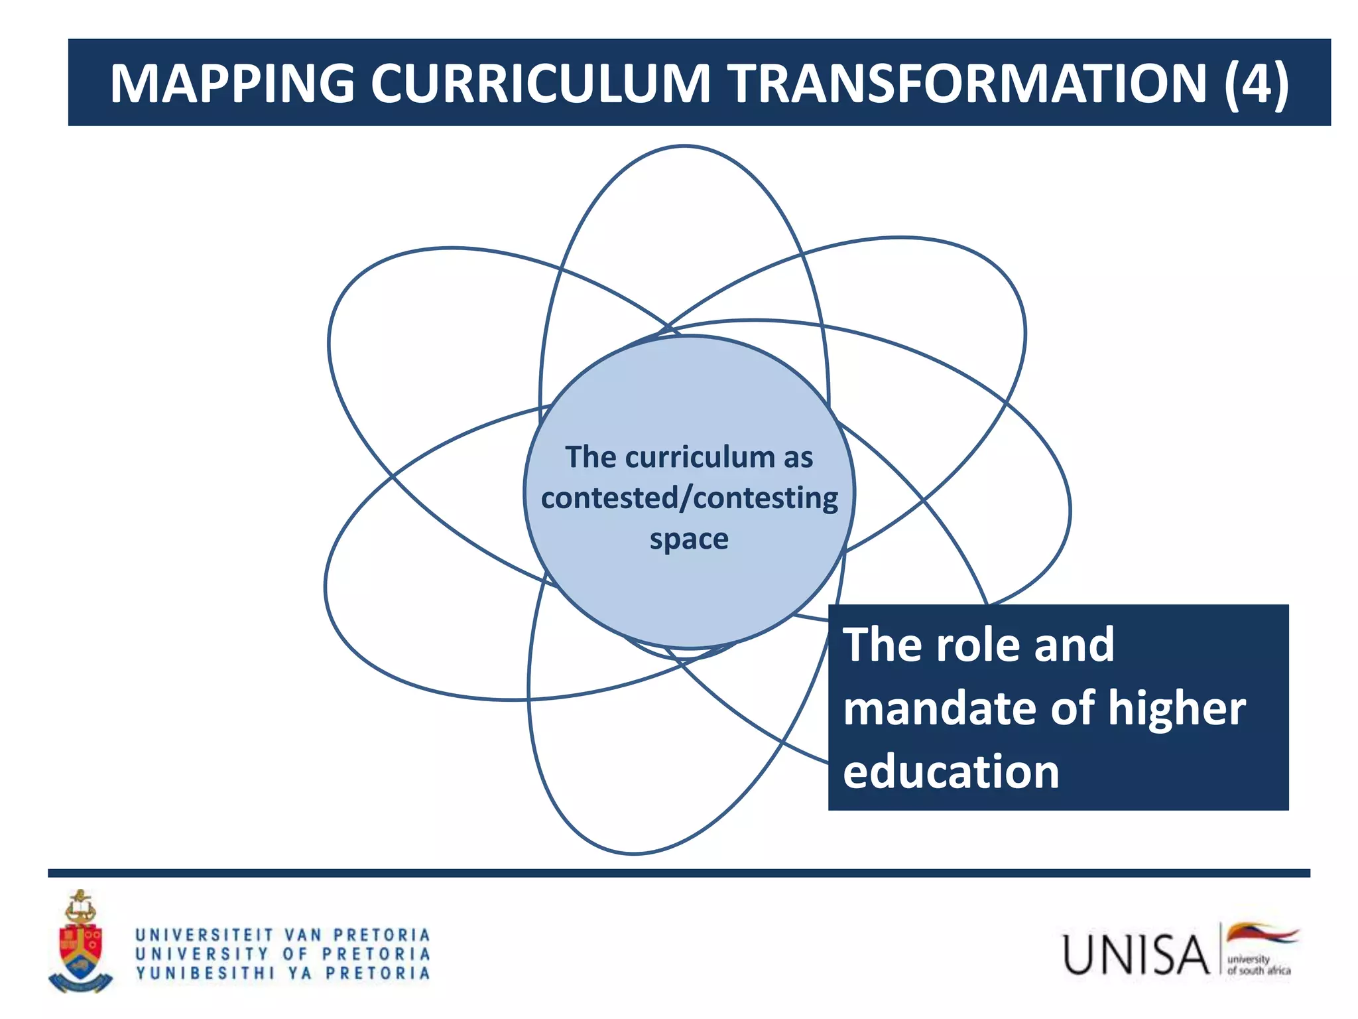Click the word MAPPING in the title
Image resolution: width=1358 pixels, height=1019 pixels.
tap(232, 84)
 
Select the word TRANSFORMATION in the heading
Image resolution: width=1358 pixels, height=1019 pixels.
tap(969, 84)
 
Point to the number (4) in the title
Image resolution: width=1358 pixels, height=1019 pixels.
tap(1256, 84)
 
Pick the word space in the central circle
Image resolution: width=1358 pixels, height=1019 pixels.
tap(689, 539)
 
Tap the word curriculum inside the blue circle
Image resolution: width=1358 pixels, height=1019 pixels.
tap(700, 457)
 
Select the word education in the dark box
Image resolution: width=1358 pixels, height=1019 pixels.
tap(951, 772)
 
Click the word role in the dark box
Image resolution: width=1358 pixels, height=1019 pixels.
tap(978, 645)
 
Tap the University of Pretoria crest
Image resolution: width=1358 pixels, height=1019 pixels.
tap(80, 942)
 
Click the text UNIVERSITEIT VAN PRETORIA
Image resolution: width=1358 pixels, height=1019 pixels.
tap(283, 935)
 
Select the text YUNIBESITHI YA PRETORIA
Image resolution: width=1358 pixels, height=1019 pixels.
tap(283, 973)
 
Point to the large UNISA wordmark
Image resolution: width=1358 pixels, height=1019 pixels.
tap(1136, 955)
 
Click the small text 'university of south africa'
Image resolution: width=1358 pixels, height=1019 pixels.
tap(1258, 965)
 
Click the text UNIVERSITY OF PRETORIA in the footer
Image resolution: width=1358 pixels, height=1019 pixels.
tap(283, 954)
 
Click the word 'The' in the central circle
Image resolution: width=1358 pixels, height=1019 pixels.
tap(591, 457)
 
